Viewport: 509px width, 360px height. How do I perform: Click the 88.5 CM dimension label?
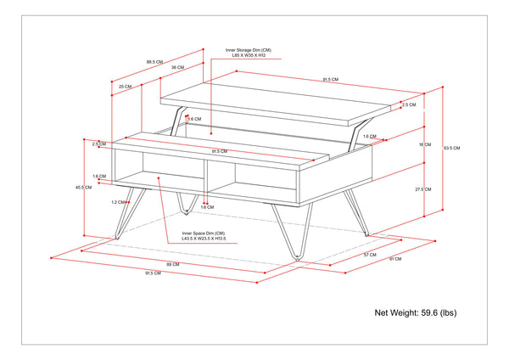click(x=154, y=62)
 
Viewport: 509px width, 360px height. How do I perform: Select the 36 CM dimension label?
click(x=176, y=67)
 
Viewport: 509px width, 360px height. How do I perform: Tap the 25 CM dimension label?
click(x=125, y=87)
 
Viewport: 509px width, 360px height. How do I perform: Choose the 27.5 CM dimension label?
click(x=423, y=189)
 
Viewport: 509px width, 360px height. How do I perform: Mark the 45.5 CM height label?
click(x=83, y=187)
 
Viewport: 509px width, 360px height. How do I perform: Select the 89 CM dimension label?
click(x=175, y=264)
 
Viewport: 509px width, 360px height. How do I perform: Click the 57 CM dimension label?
click(x=370, y=255)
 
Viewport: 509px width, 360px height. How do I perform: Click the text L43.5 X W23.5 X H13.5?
click(x=206, y=239)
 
